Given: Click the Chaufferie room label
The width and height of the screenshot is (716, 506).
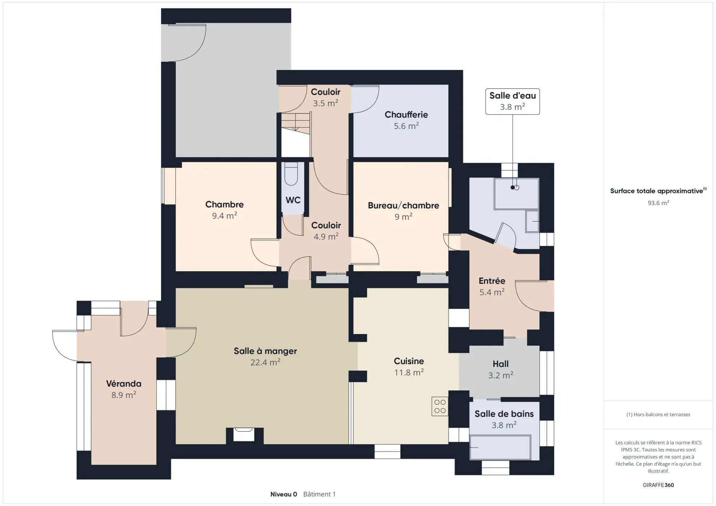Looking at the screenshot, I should (x=406, y=115).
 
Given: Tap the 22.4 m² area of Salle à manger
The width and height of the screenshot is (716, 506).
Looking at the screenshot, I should (x=265, y=362).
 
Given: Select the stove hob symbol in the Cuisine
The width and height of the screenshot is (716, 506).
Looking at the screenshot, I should (x=440, y=406).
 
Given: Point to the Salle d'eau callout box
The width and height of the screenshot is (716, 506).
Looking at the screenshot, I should (x=512, y=101).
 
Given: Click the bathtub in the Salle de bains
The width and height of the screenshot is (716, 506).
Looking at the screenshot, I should (x=500, y=447).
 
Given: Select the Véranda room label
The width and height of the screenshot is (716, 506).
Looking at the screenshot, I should (x=123, y=383).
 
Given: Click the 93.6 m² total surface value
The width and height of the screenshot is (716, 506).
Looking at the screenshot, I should (x=658, y=203).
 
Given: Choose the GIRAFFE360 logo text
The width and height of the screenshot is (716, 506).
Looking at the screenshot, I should (x=658, y=485).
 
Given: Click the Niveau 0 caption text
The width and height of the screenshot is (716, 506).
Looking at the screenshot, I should (x=284, y=494).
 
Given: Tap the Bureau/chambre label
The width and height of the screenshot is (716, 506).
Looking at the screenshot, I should (x=403, y=205).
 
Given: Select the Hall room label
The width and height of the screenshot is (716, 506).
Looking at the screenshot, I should (x=500, y=364).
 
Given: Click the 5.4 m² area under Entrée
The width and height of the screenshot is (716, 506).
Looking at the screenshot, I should (x=491, y=292).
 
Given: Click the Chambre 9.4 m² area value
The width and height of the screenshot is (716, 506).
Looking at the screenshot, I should (x=224, y=216).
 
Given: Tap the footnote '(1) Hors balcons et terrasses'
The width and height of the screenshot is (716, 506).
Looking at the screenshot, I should (x=658, y=414).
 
